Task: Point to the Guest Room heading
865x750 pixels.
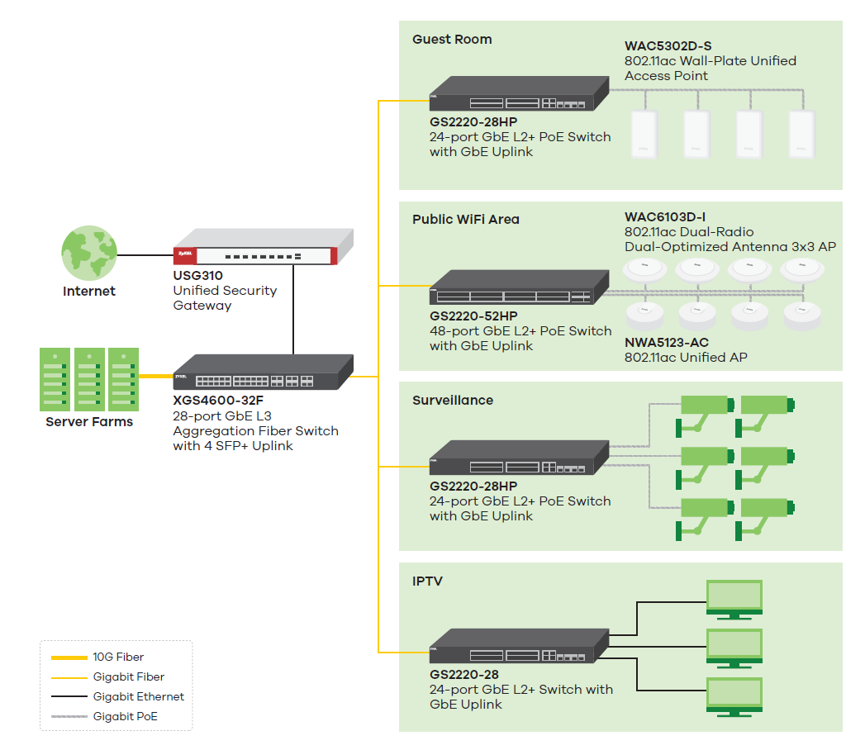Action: point(452,40)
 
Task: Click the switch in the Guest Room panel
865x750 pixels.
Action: point(518,94)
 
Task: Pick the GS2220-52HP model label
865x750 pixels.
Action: point(473,316)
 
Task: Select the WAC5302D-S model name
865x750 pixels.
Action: point(668,46)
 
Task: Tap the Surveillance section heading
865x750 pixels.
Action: point(453,401)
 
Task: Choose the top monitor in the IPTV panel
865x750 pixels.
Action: point(734,599)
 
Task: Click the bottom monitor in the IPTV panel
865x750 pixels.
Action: point(734,695)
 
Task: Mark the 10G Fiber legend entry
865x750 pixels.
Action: point(118,657)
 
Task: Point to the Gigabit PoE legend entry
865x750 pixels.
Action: point(125,717)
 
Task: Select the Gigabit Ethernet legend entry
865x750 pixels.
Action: point(138,697)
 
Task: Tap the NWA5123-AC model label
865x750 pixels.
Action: point(667,343)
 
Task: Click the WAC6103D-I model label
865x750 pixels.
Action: point(665,218)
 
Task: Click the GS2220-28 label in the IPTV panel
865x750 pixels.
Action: point(464,675)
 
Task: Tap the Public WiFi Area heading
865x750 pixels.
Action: point(466,220)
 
